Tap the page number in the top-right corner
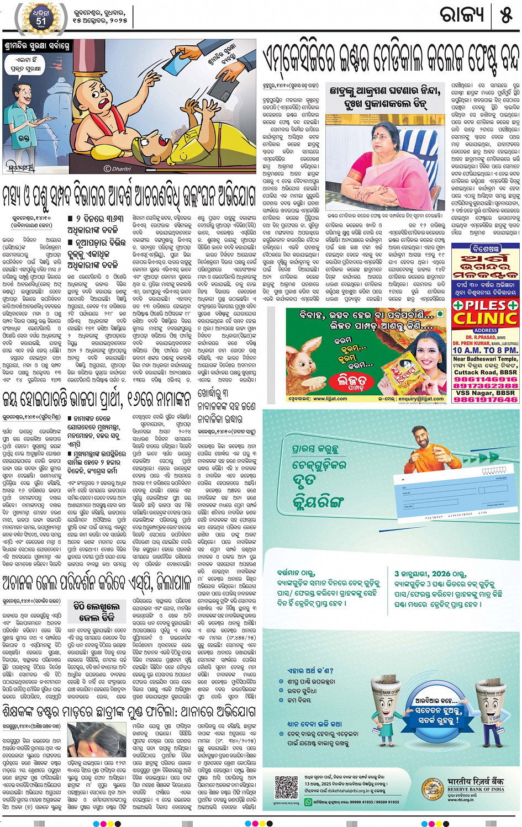click(x=506, y=15)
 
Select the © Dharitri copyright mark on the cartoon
click(x=118, y=169)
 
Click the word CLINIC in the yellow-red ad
click(x=486, y=319)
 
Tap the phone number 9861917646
click(x=486, y=399)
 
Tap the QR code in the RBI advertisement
click(x=286, y=787)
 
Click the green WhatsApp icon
click(x=308, y=802)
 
